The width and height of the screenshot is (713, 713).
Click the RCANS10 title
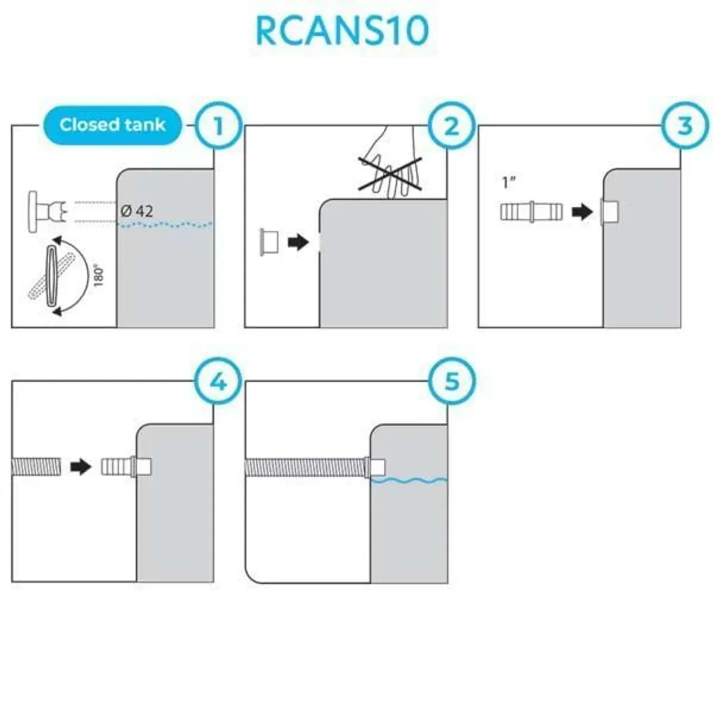tap(342, 31)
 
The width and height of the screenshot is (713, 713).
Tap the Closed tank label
tap(112, 125)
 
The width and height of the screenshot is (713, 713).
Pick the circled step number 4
tap(217, 382)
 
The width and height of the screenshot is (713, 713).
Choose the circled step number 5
tap(452, 382)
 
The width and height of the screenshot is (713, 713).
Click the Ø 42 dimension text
tap(136, 210)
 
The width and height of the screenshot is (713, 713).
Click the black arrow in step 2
tap(299, 242)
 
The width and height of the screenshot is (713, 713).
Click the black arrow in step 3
tap(582, 211)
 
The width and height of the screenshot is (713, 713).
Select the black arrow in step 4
tap(81, 467)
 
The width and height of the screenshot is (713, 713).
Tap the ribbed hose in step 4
tap(35, 467)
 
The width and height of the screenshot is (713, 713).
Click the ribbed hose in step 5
tap(304, 467)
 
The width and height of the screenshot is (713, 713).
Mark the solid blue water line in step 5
tap(409, 481)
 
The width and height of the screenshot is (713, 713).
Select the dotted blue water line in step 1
tap(164, 224)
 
